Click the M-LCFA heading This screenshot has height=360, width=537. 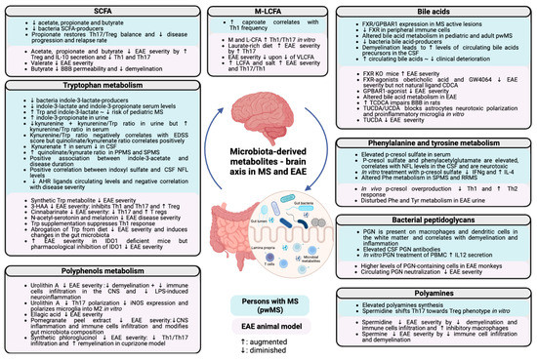[x=268, y=9]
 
